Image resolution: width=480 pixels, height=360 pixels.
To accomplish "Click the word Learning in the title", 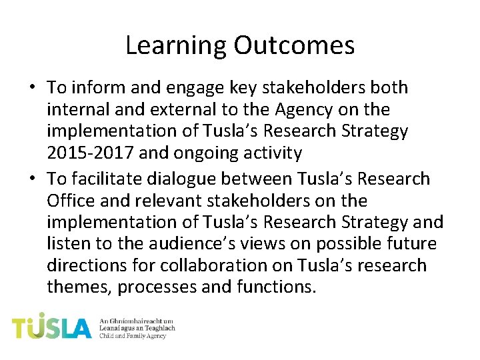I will tap(176, 45).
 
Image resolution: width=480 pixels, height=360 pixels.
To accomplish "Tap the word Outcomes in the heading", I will tap(294, 45).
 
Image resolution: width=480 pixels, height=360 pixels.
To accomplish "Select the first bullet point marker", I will tap(32, 88).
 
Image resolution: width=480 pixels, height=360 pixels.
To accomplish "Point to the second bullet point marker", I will tap(32, 179).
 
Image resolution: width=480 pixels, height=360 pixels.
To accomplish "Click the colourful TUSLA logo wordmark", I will tap(51, 327).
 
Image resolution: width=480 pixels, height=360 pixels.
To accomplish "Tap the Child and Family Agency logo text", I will tap(132, 335).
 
